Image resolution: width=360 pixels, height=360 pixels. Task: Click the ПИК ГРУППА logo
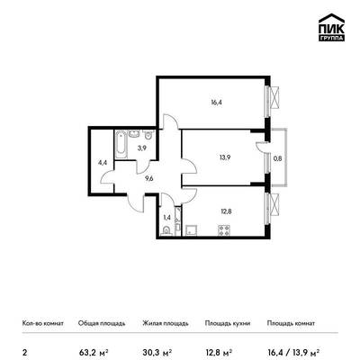point(331,27)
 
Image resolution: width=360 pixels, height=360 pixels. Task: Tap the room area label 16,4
point(216,102)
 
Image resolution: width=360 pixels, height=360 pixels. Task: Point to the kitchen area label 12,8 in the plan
point(226,211)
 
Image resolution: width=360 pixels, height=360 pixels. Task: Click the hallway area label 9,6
point(149,178)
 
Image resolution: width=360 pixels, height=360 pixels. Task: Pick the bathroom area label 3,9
point(142,148)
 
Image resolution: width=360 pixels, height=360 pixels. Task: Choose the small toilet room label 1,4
point(166,218)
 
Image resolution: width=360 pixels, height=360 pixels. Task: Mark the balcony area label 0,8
point(278,158)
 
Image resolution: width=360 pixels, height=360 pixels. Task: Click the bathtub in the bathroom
point(121,144)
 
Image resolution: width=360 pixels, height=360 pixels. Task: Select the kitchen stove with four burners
point(224,230)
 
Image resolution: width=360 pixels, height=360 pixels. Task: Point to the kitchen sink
point(191,230)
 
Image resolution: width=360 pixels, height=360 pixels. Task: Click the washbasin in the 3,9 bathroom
point(134,133)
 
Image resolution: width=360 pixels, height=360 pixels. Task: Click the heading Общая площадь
point(102,323)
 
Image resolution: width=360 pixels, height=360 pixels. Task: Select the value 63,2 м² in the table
point(94,351)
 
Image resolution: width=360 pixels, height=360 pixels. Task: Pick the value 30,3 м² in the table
point(157,351)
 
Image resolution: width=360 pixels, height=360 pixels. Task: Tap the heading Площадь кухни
point(228,323)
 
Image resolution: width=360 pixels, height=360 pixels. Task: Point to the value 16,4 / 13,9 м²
point(292,351)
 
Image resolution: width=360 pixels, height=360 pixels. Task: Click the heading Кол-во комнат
point(43,323)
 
